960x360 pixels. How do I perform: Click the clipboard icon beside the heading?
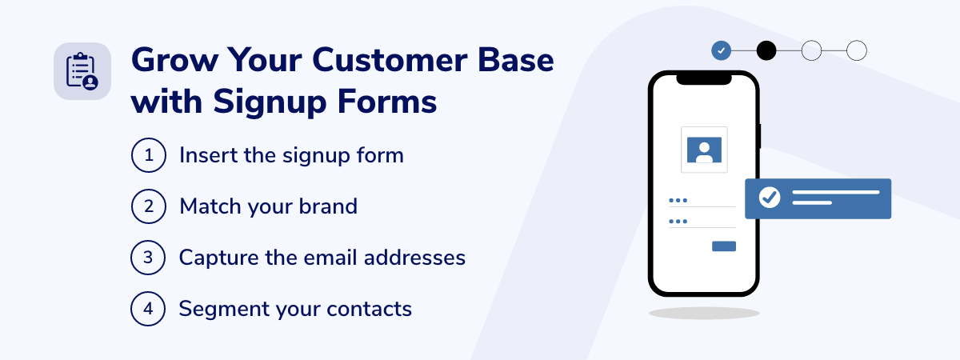pyautogui.click(x=82, y=71)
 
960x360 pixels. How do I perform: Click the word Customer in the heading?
pyautogui.click(x=389, y=60)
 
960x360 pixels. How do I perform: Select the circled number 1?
pyautogui.click(x=148, y=155)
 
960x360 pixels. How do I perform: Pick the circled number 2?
pyautogui.click(x=148, y=206)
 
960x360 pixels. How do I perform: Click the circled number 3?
pyautogui.click(x=148, y=257)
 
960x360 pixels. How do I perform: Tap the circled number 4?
pyautogui.click(x=148, y=309)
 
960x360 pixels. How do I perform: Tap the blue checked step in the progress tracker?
pyautogui.click(x=722, y=50)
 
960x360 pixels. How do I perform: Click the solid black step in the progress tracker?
pyautogui.click(x=766, y=50)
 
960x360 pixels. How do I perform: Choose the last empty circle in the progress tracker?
pyautogui.click(x=857, y=50)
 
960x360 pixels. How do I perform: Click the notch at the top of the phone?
pyautogui.click(x=704, y=79)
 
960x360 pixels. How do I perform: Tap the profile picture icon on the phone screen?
pyautogui.click(x=704, y=150)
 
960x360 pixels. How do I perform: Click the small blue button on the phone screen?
pyautogui.click(x=724, y=246)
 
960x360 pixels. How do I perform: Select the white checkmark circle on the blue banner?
pyautogui.click(x=770, y=197)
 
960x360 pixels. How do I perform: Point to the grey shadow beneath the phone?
pyautogui.click(x=704, y=314)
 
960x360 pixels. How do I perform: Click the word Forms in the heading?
pyautogui.click(x=387, y=102)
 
